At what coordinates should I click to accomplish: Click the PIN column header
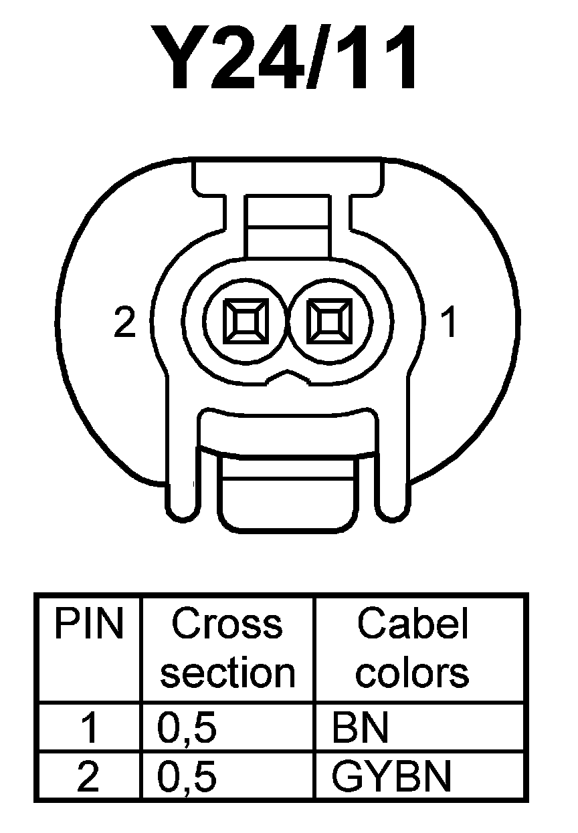coord(89,624)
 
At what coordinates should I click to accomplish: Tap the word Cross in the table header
coord(227,624)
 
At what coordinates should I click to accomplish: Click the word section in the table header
coord(227,673)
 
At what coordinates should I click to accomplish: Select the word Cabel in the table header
coord(412,624)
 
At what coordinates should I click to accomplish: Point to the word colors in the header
coord(412,673)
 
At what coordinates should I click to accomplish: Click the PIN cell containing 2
coord(89,777)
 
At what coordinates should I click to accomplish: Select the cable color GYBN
coord(392,777)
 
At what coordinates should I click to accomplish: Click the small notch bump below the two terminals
coord(288,379)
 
